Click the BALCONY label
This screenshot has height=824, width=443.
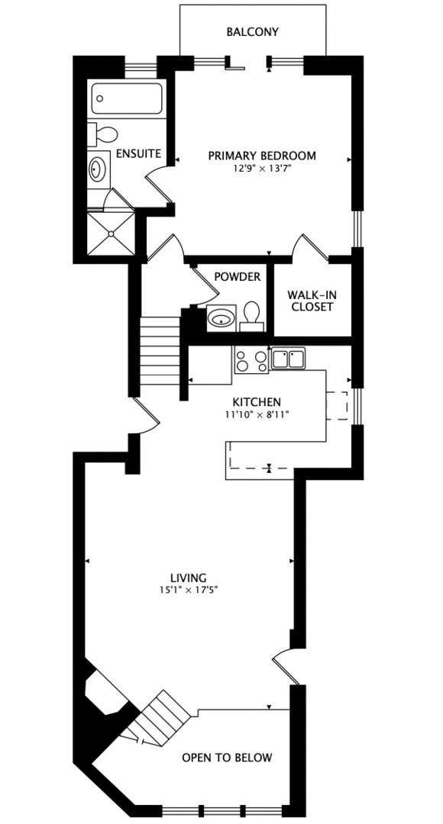click(253, 32)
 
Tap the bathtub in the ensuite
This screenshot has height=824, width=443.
click(127, 98)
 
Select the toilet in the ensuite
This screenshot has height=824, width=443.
click(102, 135)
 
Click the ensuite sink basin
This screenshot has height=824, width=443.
click(99, 169)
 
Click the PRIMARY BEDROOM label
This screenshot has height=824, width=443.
click(262, 156)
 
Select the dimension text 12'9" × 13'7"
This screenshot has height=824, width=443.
click(263, 169)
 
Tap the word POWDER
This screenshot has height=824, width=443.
click(237, 276)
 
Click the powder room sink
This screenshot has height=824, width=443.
click(221, 317)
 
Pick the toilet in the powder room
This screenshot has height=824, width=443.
click(252, 315)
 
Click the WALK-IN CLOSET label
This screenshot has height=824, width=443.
click(310, 301)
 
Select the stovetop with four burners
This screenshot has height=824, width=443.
click(251, 359)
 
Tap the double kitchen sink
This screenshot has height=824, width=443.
click(288, 358)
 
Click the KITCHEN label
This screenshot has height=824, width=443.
click(257, 402)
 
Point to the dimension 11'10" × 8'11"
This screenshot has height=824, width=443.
click(257, 415)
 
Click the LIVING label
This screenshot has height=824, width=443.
click(189, 578)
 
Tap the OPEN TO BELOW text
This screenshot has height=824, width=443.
click(227, 758)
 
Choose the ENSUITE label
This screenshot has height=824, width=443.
click(138, 153)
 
